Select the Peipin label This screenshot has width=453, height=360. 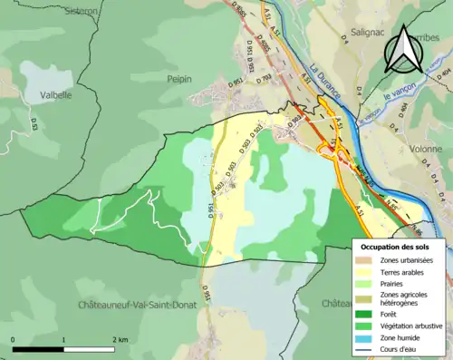point(179,79)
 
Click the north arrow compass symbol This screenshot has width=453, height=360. point(404,50)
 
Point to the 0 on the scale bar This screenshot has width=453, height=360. point(14,337)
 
